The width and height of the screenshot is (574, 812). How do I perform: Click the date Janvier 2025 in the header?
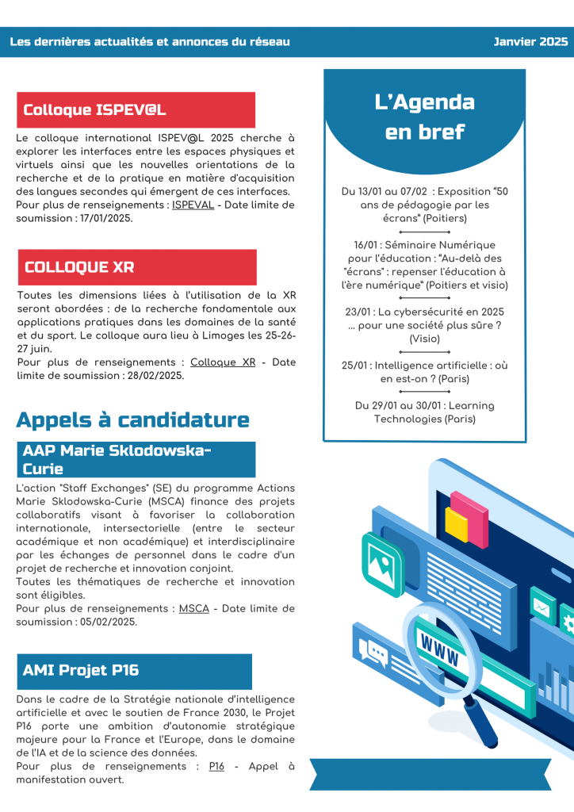[x=530, y=42]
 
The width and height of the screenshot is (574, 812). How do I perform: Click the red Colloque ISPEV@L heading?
[x=94, y=110]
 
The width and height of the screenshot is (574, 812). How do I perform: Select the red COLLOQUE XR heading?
[x=79, y=267]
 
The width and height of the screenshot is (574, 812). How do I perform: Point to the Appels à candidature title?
[x=132, y=419]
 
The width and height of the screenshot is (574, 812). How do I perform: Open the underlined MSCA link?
[x=193, y=608]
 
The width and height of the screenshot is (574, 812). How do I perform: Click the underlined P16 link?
[x=216, y=766]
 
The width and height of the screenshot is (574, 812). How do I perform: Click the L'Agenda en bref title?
[x=424, y=117]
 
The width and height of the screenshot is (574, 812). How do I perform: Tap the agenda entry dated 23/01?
[x=424, y=325]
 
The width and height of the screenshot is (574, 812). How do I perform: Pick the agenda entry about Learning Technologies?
[x=424, y=412]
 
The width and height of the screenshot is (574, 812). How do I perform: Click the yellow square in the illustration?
[x=457, y=525]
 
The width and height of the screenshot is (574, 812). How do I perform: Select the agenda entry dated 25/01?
[x=424, y=373]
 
